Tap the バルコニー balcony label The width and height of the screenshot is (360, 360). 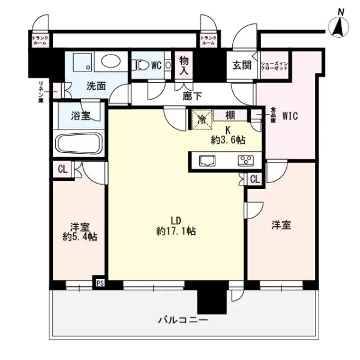click(x=184, y=320)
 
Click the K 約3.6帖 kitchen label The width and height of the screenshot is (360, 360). click(x=227, y=135)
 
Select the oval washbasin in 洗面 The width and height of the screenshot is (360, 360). click(x=110, y=62)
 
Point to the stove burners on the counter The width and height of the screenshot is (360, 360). click(x=246, y=160)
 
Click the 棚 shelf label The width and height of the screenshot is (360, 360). click(x=230, y=115)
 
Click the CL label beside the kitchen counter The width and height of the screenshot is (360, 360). click(x=254, y=178)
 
